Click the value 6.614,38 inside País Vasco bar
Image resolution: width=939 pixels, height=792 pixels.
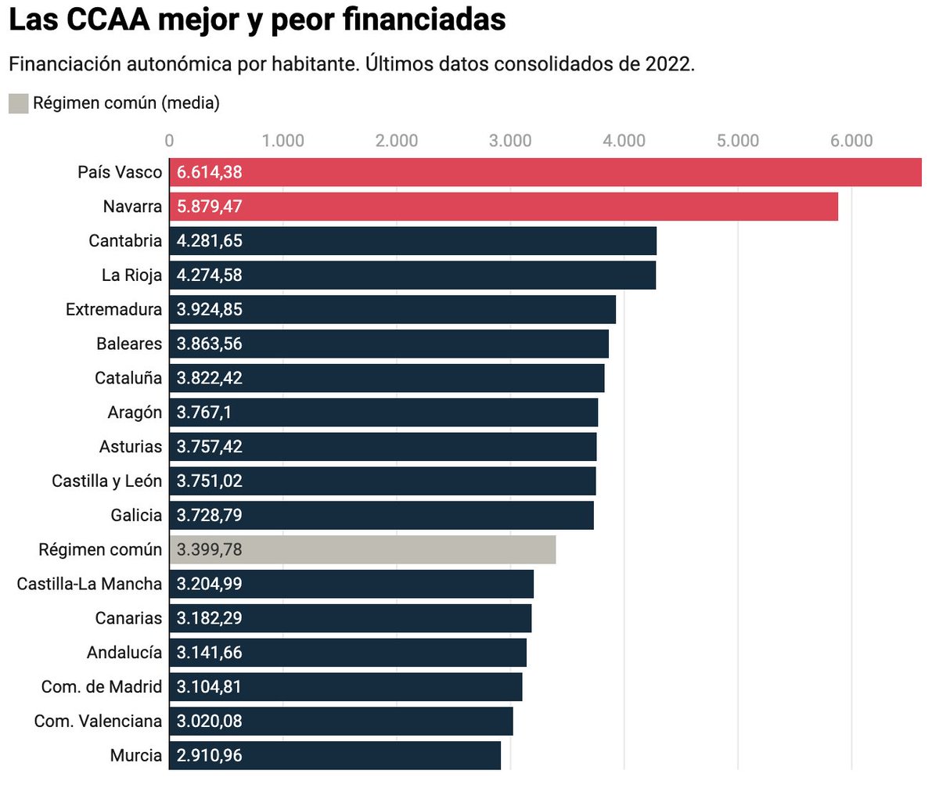[209, 172]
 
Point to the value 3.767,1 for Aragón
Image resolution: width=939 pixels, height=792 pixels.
[203, 412]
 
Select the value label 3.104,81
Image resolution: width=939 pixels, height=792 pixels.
[209, 686]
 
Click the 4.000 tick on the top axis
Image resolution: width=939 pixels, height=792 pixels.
[624, 141]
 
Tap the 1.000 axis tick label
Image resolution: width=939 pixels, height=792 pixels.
[282, 141]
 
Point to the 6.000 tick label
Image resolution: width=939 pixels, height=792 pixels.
[851, 141]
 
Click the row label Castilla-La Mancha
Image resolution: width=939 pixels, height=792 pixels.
[89, 584]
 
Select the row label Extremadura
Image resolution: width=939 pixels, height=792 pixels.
[113, 309]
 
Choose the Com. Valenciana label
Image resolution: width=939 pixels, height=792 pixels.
[98, 721]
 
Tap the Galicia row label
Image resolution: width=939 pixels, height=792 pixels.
[136, 515]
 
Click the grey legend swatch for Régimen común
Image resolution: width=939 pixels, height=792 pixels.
[19, 103]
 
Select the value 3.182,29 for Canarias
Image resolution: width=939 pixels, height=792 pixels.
[209, 618]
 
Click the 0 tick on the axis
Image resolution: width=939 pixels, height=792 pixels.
[169, 141]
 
